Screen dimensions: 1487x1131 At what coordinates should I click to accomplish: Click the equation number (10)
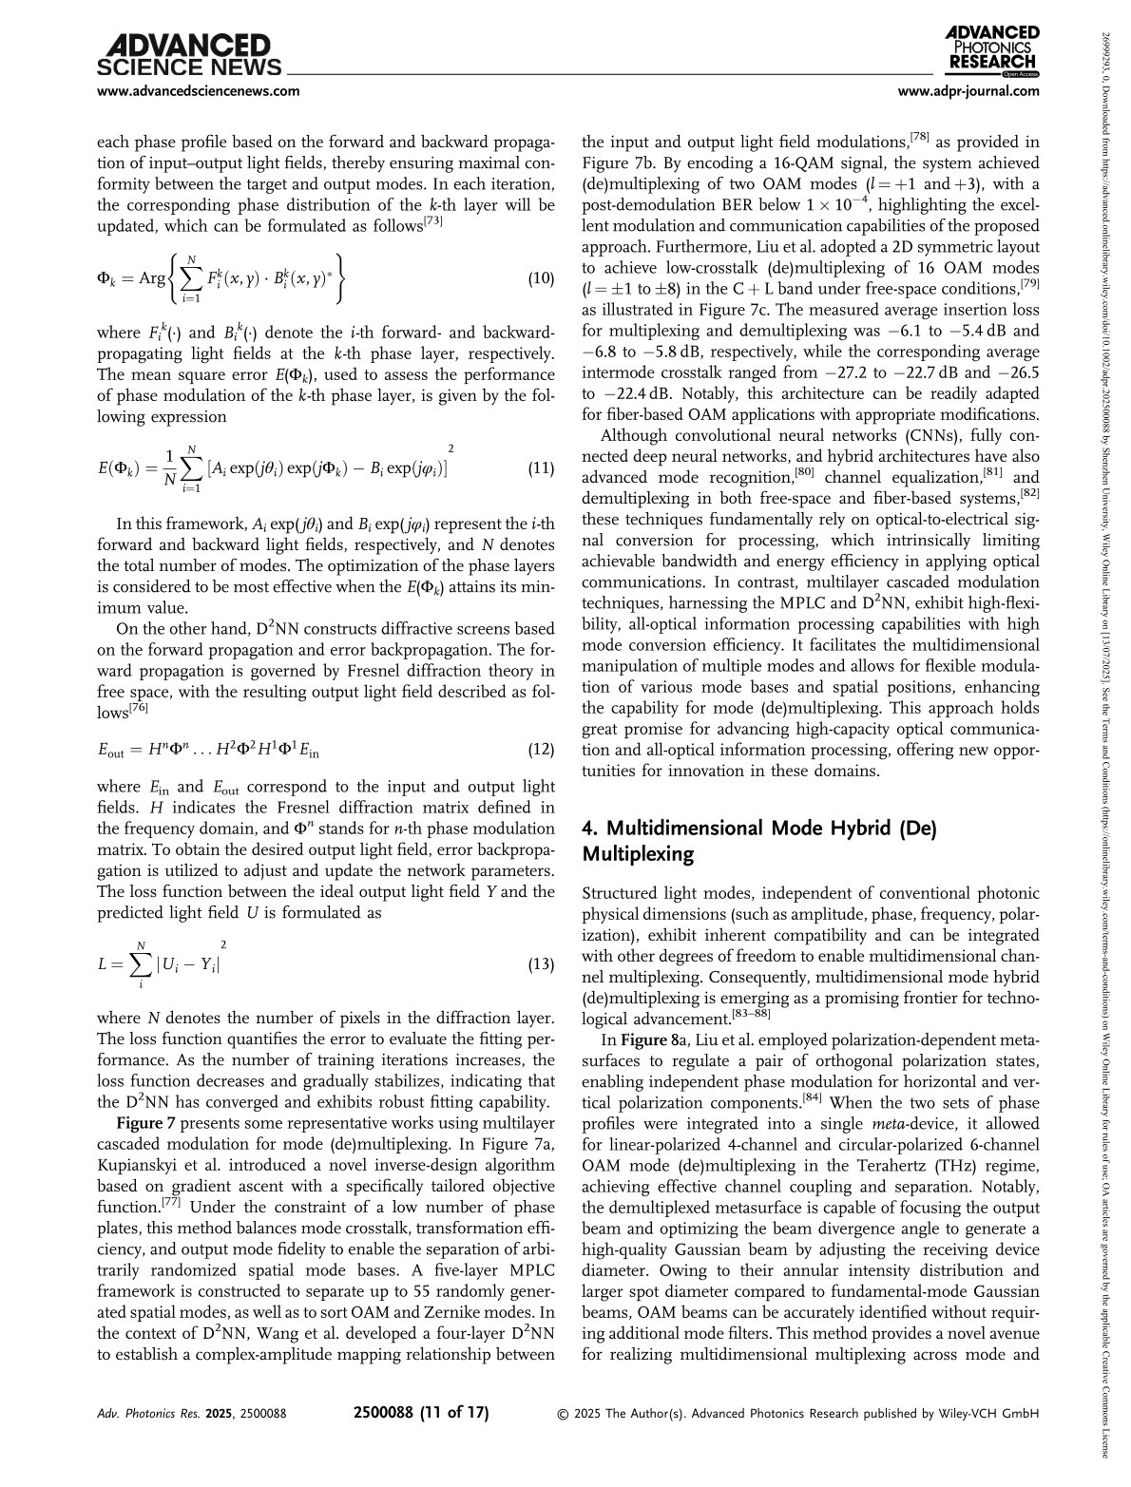[x=541, y=278]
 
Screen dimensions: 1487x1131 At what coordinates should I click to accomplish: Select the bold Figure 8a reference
[x=641, y=1039]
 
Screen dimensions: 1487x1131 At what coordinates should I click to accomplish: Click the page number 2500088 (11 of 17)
[x=420, y=1412]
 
